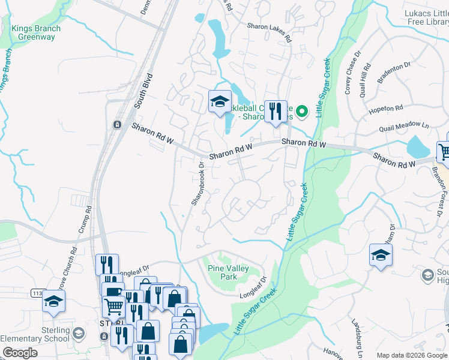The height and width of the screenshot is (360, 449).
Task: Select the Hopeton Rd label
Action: point(387,109)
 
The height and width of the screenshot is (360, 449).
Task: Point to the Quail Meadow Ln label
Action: point(404,127)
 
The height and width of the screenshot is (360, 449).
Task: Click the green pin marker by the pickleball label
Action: point(303,110)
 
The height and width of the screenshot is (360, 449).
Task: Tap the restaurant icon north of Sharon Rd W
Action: point(276,112)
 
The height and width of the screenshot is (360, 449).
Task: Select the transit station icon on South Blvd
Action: point(117,124)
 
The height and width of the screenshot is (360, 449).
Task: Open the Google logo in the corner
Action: point(20,353)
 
